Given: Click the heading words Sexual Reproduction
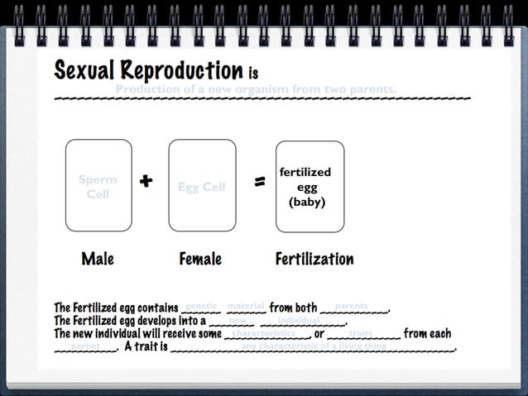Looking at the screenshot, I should click(x=149, y=70).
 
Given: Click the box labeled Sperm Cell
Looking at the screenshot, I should click(x=98, y=185).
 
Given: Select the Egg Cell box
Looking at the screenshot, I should click(x=201, y=185).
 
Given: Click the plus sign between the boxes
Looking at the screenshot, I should click(x=146, y=181).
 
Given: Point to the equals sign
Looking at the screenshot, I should click(x=259, y=182).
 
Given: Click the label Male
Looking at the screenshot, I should click(x=98, y=259).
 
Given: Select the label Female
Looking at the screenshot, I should click(x=200, y=259).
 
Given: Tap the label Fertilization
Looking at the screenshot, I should click(x=314, y=259).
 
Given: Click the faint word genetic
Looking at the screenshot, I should click(x=201, y=306).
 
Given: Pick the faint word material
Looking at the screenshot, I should click(x=245, y=306).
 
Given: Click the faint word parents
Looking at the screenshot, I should click(x=351, y=306).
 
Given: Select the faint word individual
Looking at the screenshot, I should click(x=298, y=320).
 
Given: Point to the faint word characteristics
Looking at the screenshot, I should click(x=263, y=333).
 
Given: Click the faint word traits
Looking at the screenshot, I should click(x=361, y=333).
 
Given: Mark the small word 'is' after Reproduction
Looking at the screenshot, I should click(x=253, y=74).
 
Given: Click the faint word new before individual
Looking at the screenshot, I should click(x=238, y=320).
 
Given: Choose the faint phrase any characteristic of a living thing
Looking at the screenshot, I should click(x=314, y=346).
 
